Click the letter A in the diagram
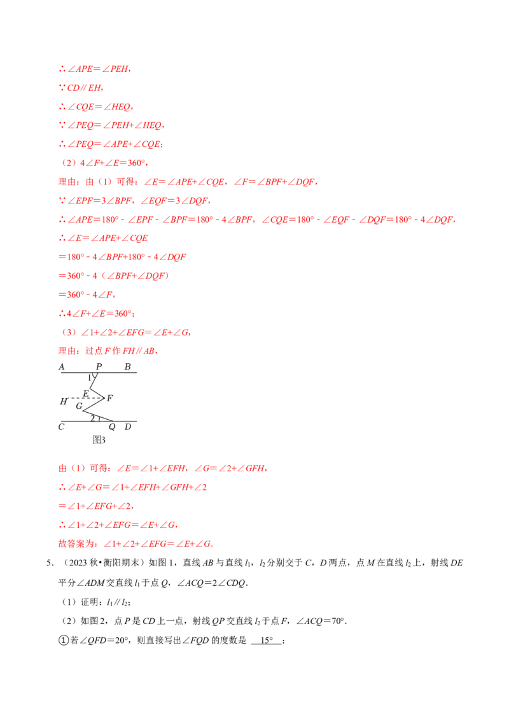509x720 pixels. click(x=62, y=367)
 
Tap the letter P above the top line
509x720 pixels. click(x=99, y=367)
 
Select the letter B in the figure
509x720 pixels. click(x=127, y=367)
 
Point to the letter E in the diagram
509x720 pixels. click(x=85, y=393)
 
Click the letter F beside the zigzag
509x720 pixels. click(x=110, y=398)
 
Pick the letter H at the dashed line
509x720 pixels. click(x=64, y=401)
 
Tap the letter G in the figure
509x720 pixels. click(x=79, y=406)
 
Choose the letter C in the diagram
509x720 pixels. click(x=61, y=427)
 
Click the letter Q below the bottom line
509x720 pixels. click(x=112, y=427)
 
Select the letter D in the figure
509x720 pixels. click(x=128, y=427)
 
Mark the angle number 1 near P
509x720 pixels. click(x=89, y=378)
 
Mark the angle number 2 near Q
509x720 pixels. click(x=92, y=418)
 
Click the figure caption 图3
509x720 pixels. click(x=99, y=440)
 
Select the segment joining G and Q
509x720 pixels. click(x=98, y=416)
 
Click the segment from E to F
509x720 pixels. click(x=97, y=392)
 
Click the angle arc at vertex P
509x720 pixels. click(x=94, y=377)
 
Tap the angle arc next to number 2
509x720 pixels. click(x=99, y=419)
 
